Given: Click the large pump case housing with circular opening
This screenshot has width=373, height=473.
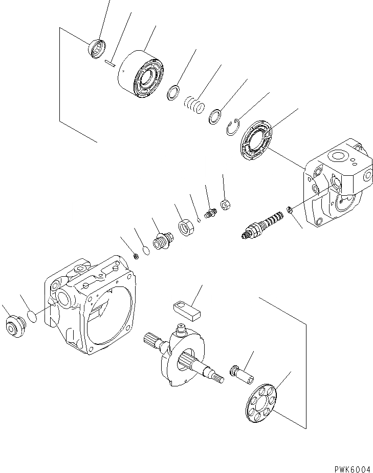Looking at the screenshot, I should tap(97, 307).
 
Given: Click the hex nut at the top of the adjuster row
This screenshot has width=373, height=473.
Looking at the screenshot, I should tap(225, 205).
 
